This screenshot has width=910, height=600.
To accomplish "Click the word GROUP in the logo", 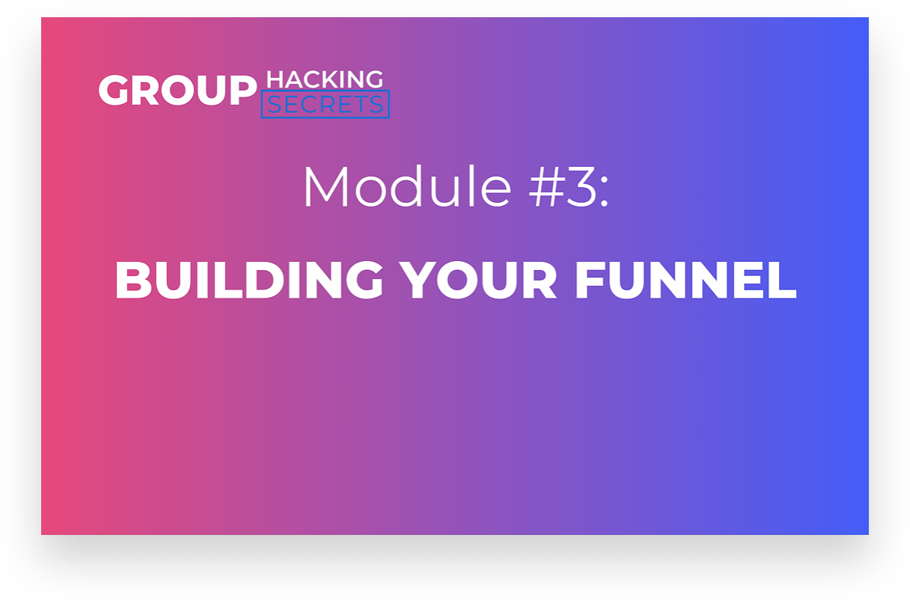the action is click(177, 90).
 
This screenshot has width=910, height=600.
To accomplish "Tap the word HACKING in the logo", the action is click(325, 79).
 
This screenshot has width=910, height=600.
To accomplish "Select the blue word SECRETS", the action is click(325, 105).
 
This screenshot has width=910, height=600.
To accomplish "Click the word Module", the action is click(407, 186).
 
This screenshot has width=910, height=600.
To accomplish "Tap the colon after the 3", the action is click(605, 193).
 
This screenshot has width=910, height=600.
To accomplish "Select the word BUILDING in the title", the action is click(249, 280).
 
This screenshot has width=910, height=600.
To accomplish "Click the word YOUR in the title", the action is click(477, 280).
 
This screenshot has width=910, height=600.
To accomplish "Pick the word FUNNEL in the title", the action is click(685, 280).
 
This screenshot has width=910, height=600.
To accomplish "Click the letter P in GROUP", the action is click(243, 90).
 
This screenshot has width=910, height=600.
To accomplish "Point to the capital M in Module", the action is click(326, 186).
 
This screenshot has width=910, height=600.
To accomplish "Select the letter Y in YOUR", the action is click(419, 281).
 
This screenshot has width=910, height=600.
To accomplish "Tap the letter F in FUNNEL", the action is click(590, 281).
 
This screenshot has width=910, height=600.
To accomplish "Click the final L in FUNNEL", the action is click(782, 281).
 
